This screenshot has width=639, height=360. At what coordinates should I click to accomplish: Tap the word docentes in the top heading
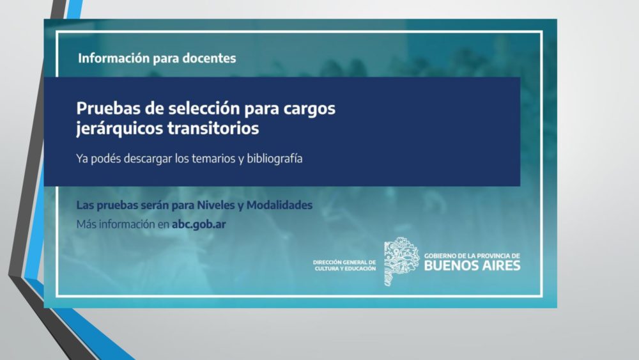[x=209, y=58]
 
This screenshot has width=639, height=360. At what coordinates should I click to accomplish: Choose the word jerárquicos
[x=119, y=129]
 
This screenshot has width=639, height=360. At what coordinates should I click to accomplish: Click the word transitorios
[x=213, y=129]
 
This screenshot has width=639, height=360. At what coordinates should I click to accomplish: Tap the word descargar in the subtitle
[x=148, y=159]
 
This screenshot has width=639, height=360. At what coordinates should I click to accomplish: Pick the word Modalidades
[x=280, y=205]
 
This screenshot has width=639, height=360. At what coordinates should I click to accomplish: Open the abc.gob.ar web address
[x=199, y=224]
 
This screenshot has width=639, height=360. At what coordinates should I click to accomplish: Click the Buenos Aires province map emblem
[x=401, y=262]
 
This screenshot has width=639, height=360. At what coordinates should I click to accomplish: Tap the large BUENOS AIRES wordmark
[x=472, y=266]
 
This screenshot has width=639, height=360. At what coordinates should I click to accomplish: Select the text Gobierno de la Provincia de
[x=472, y=256]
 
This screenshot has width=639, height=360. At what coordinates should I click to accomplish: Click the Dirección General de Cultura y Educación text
[x=344, y=265]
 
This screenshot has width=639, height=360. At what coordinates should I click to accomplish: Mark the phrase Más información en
[x=123, y=224]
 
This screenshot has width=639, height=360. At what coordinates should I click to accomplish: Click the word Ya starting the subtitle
[x=82, y=158]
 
